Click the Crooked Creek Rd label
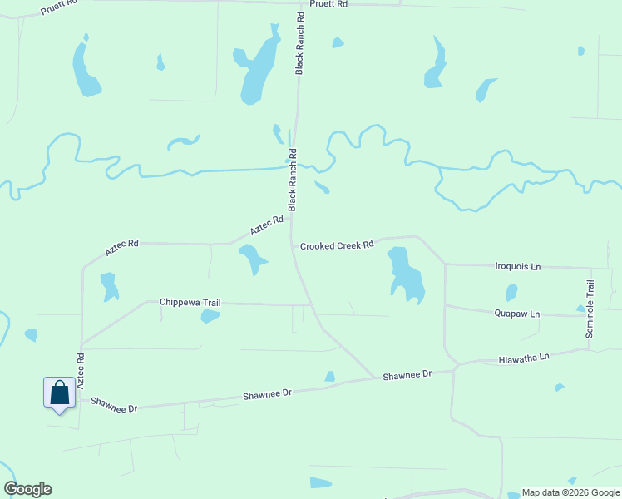pos(337,246)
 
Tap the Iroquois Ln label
pos(517,266)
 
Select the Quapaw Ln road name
pos(516,314)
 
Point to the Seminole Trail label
pos(590,309)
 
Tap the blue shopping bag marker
pos(60,393)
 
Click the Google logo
pos(27,489)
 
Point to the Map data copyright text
pos(570,492)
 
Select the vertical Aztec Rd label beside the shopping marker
pos(81,371)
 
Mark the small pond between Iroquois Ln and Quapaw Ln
pos(511,293)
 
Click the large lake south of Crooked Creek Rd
pos(405,273)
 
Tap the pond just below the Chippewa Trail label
pos(210,315)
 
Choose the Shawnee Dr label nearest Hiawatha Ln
pos(407,376)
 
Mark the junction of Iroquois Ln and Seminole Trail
pos(590,269)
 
